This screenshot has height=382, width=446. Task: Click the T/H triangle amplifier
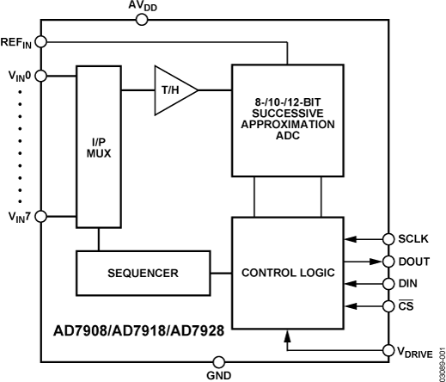click(172, 89)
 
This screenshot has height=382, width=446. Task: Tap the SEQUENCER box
click(143, 272)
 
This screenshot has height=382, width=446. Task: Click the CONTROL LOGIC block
click(289, 273)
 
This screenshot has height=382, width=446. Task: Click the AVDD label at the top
click(143, 7)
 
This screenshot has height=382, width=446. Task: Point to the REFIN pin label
click(16, 41)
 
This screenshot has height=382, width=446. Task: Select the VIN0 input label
click(17, 76)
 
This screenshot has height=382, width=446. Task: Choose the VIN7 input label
click(17, 215)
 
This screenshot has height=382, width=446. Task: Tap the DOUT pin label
click(416, 261)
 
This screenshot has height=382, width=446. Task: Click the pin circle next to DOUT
click(391, 261)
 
